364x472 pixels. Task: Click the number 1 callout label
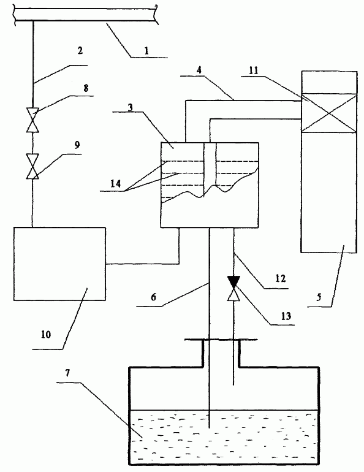(146, 50)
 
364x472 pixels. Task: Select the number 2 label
(80, 50)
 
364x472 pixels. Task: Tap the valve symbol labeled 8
(32, 120)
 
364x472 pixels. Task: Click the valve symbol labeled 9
(32, 167)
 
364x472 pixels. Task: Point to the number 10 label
(46, 335)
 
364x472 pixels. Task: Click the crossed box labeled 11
(329, 113)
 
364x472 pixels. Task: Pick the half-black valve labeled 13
(233, 288)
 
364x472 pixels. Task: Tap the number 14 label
(115, 183)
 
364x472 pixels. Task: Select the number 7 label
(67, 373)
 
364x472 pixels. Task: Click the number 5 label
(319, 297)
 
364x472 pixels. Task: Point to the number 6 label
(153, 297)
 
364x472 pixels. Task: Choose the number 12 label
(280, 278)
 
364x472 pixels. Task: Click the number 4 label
(199, 70)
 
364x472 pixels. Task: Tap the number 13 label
(286, 316)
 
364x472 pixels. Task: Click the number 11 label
(254, 70)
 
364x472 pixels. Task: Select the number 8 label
(86, 88)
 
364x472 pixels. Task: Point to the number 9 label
(77, 145)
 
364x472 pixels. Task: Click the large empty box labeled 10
(59, 264)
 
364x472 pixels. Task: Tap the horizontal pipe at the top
(85, 13)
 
